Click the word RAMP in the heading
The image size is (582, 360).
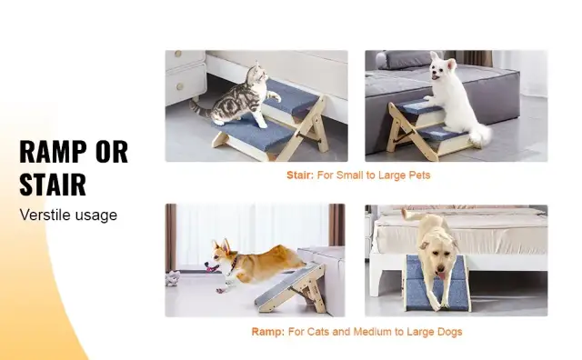(52, 152)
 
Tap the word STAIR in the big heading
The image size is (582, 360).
(53, 184)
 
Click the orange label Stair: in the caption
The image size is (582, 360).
(300, 175)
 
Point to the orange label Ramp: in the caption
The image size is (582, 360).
(268, 332)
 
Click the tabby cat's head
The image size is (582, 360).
(257, 75)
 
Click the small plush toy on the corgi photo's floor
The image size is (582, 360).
(173, 278)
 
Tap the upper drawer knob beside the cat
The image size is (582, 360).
(178, 54)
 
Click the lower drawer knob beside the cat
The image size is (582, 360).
(180, 87)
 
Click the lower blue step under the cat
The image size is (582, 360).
(253, 133)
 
